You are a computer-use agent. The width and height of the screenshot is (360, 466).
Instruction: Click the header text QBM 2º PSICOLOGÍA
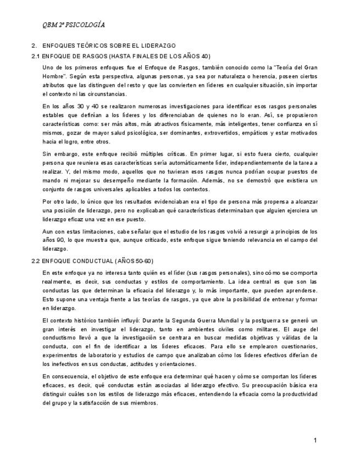[x=74, y=25]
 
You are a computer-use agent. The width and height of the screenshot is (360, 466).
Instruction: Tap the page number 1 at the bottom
[x=315, y=440]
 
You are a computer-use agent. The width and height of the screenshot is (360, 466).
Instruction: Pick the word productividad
[x=299, y=394]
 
